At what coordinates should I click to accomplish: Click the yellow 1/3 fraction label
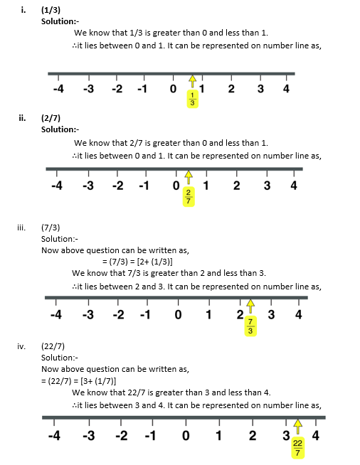(x=192, y=100)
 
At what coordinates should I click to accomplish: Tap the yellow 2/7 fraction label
(x=188, y=196)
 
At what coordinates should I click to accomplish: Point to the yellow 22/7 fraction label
(x=297, y=448)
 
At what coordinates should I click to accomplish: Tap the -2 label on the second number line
(x=118, y=186)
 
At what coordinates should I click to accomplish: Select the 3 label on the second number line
(x=267, y=186)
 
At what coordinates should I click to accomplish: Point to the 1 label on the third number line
(x=209, y=314)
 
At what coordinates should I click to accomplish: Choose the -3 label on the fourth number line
(x=88, y=435)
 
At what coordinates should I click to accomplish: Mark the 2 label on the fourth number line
(x=252, y=435)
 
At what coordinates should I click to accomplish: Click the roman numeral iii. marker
(x=22, y=228)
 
